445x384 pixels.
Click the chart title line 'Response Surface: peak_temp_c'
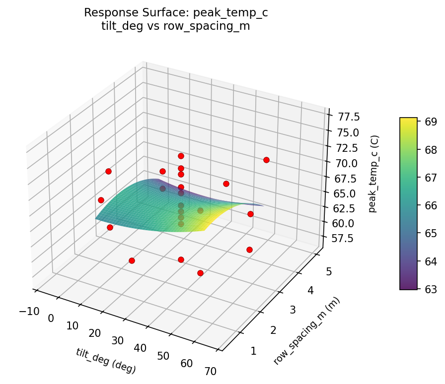pyautogui.click(x=176, y=13)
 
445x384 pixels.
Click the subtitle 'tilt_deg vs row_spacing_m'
pyautogui.click(x=176, y=26)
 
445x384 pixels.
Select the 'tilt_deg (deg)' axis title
pyautogui.click(x=106, y=360)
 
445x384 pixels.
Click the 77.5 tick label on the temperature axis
pyautogui.click(x=348, y=117)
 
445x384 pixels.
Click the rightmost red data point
pyautogui.click(x=266, y=160)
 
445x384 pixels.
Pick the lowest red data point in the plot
pyautogui.click(x=200, y=273)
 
